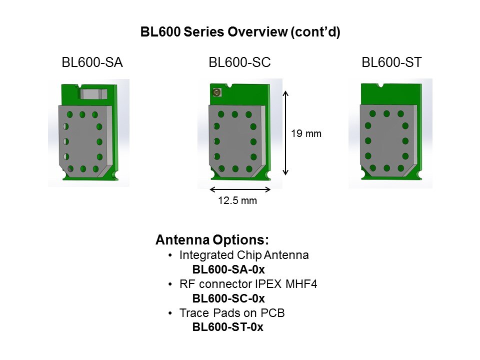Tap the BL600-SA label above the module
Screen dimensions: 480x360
click(92, 62)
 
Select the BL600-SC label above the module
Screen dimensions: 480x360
click(239, 62)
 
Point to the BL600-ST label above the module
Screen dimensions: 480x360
click(391, 62)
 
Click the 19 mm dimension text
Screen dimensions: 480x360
click(306, 133)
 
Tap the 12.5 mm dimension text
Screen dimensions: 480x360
click(237, 200)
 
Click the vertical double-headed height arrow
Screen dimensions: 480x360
click(285, 133)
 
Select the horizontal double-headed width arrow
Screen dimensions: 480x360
click(240, 189)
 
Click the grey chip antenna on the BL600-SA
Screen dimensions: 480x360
click(93, 94)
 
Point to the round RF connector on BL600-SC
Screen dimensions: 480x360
click(217, 92)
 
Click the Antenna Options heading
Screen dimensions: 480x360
click(212, 239)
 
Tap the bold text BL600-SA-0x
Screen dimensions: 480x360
click(228, 269)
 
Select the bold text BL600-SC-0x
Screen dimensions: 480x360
click(228, 298)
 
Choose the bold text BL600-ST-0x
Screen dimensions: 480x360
click(228, 327)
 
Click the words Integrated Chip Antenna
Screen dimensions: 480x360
click(244, 255)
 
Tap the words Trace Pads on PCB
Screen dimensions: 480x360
click(232, 313)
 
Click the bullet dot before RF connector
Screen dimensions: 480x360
click(170, 284)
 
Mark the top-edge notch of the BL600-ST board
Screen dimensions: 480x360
click(380, 85)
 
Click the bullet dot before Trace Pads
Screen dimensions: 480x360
click(170, 313)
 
